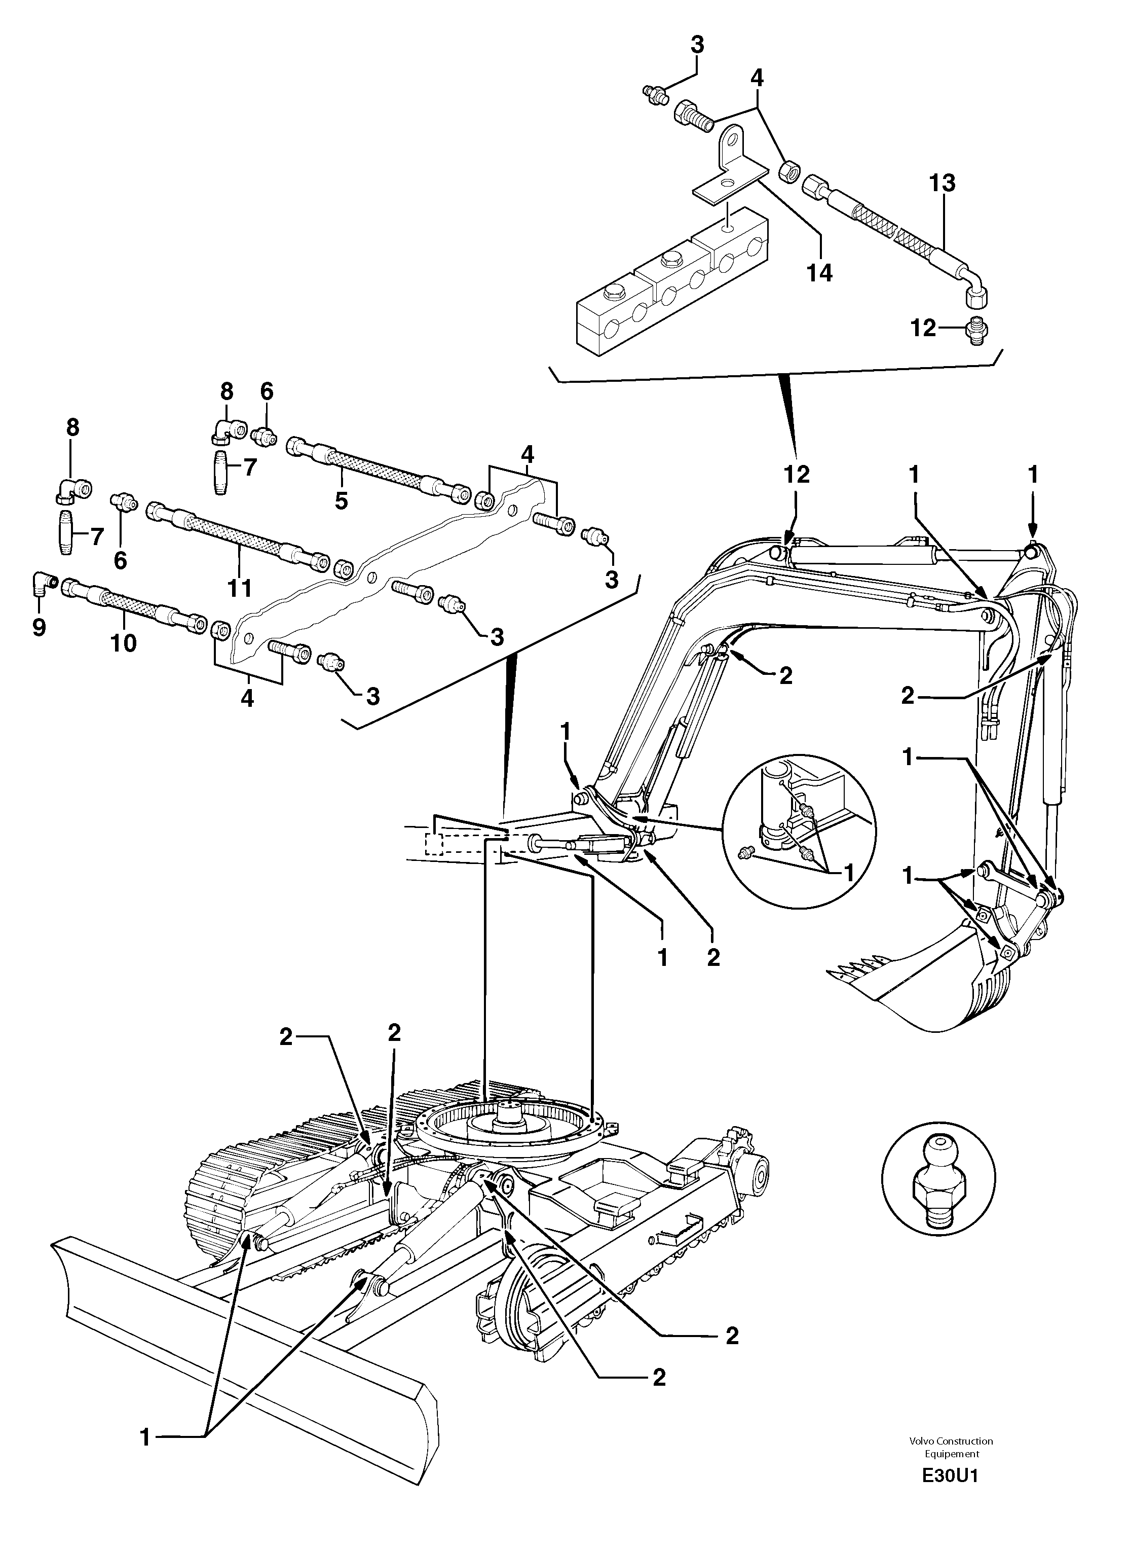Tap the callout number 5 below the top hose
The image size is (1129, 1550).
point(341,500)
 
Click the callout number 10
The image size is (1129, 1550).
point(124,643)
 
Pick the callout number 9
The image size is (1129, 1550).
point(39,626)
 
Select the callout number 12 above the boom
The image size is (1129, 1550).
point(796,475)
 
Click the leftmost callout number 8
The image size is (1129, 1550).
point(72,427)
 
